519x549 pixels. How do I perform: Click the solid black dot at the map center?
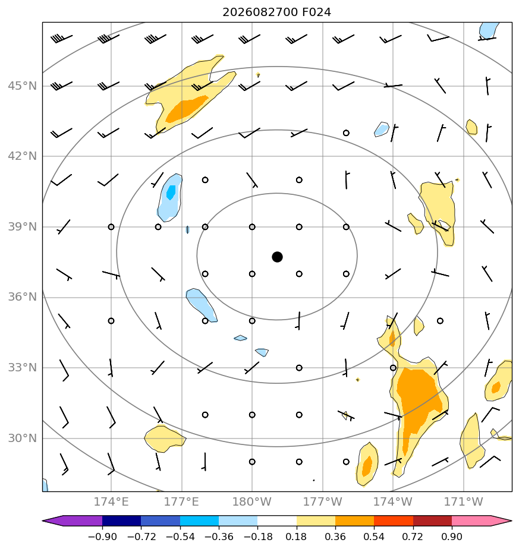point(277,257)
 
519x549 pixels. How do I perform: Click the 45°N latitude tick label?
point(22,86)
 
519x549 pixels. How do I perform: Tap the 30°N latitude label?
point(22,438)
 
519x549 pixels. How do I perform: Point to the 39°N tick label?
point(22,227)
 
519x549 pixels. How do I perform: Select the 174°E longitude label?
point(111,501)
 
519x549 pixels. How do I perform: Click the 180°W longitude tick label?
point(251,501)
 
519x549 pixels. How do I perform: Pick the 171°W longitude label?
point(463,501)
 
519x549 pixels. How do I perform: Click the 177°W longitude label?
point(322,501)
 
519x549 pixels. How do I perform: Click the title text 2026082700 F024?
point(277,12)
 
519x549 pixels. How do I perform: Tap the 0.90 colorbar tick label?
point(452,537)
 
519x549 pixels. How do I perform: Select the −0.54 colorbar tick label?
point(180,537)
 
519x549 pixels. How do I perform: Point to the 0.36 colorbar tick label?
point(335,537)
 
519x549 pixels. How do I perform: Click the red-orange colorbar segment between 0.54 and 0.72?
point(394,520)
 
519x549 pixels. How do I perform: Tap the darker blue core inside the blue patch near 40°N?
point(171,193)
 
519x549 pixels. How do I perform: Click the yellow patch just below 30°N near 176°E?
point(164,438)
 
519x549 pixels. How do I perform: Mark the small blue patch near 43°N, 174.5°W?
point(382,129)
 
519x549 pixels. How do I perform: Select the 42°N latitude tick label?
point(22,156)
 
